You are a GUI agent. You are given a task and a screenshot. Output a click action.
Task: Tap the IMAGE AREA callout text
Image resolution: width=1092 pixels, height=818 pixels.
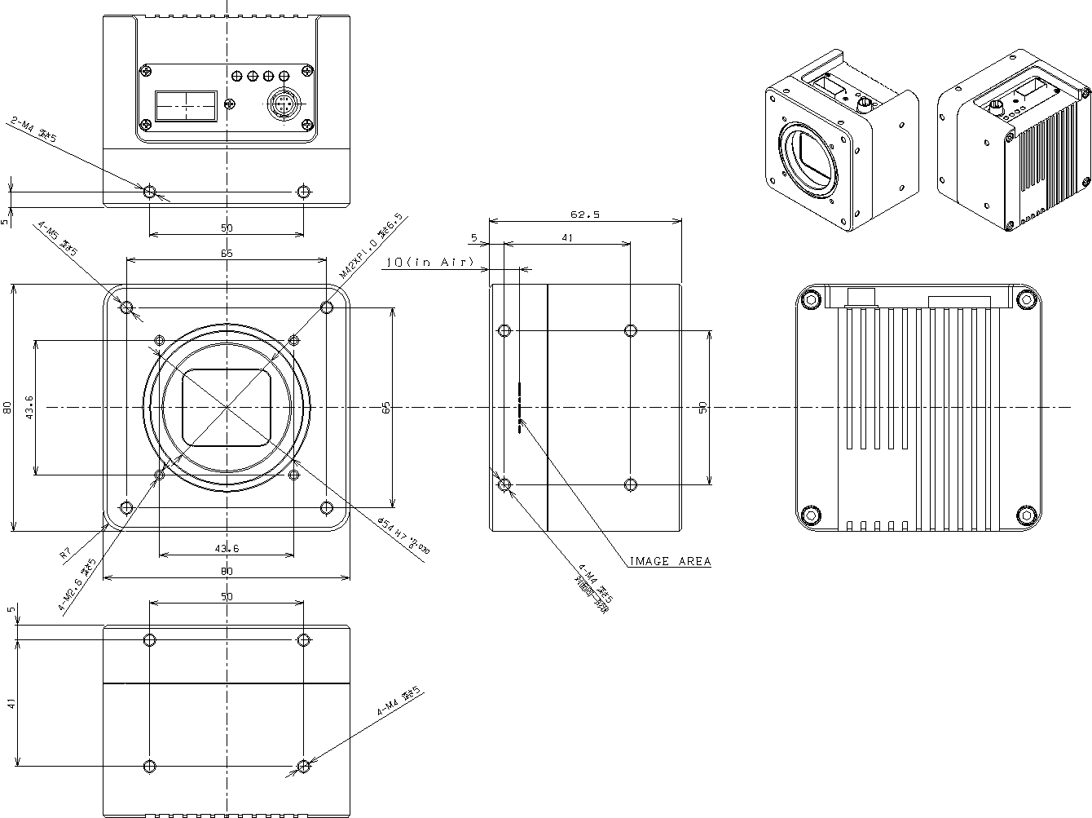[670, 561]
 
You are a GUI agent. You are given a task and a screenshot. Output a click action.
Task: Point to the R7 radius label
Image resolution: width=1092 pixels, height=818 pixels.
[66, 555]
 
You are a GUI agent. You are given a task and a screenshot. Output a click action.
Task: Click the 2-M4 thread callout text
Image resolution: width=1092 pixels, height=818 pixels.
[33, 129]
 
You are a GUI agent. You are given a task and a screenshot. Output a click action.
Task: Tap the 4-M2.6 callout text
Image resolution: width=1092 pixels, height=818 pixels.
[77, 584]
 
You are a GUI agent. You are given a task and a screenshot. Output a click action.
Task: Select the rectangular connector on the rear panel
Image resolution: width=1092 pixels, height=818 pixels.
[186, 104]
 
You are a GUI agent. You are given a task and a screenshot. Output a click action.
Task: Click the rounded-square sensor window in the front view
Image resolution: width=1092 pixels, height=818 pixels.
[227, 407]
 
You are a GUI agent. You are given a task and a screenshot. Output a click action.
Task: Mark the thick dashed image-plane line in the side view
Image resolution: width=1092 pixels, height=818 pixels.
[519, 407]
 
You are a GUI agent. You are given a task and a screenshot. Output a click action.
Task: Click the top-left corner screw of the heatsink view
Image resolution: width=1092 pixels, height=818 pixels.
[810, 298]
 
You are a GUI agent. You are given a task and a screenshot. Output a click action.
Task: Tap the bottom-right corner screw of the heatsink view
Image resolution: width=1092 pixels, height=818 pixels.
[1027, 515]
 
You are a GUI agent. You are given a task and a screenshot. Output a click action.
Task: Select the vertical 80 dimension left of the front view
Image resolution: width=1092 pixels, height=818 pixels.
[7, 407]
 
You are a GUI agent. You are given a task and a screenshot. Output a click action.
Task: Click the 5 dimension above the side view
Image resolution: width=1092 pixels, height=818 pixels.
[474, 238]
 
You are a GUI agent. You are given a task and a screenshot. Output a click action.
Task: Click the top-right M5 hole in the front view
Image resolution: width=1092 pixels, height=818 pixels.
[327, 307]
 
